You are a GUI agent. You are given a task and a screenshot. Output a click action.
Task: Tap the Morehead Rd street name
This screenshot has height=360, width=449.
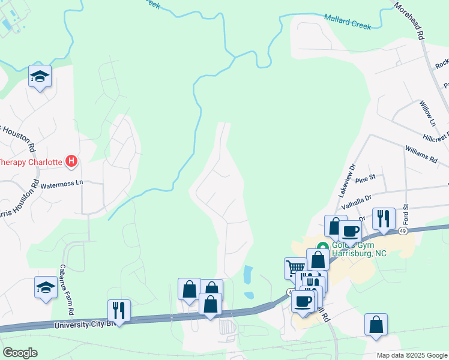[x=409, y=20]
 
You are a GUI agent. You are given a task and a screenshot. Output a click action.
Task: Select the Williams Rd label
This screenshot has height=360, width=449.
[x=421, y=154]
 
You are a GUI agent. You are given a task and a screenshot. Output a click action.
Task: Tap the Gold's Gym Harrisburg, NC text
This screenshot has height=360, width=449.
[x=360, y=249]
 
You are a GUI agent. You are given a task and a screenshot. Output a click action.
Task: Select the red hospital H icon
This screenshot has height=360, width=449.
[x=72, y=161]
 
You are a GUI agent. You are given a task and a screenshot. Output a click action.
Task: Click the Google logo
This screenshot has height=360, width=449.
[x=20, y=353]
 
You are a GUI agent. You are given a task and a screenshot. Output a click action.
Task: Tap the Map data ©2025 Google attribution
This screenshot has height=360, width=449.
[x=412, y=355]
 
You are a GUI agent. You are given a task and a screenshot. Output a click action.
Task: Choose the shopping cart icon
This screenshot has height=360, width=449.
[x=295, y=267]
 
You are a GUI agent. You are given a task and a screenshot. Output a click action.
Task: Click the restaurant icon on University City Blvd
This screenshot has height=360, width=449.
[x=118, y=310]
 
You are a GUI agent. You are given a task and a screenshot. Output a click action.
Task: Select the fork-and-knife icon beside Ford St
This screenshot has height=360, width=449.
[x=384, y=218]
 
